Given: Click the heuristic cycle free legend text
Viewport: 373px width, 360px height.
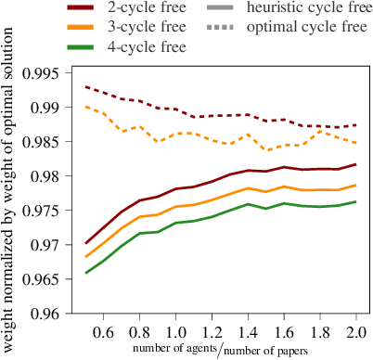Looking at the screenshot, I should coord(309,8).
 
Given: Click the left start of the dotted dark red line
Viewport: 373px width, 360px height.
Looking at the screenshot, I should coord(85,86).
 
